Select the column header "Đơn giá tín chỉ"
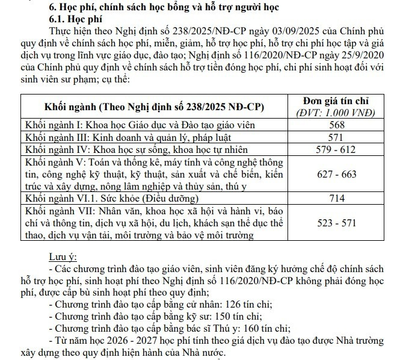click(x=337, y=100)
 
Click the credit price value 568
click(x=337, y=125)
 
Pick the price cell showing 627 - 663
click(x=337, y=174)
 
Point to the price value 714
click(x=337, y=198)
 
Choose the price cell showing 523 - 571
click(x=337, y=223)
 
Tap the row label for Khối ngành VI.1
click(x=111, y=198)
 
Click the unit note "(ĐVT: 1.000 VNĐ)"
click(x=337, y=112)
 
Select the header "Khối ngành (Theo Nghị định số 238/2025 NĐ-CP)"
click(x=154, y=106)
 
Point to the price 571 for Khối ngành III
click(x=337, y=137)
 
